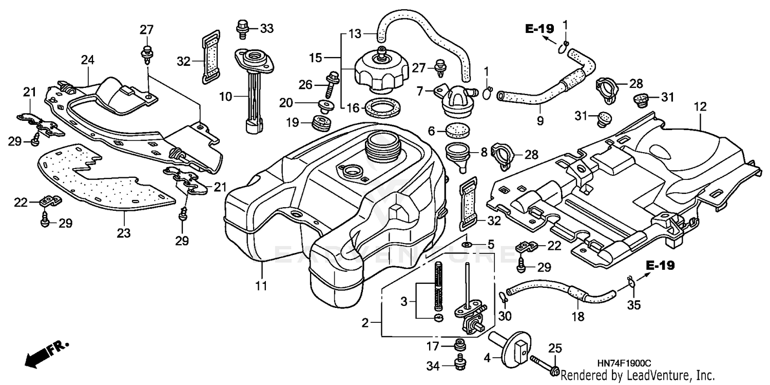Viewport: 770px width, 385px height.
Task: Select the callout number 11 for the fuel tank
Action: click(x=262, y=285)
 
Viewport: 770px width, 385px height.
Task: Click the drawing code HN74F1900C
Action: click(x=627, y=363)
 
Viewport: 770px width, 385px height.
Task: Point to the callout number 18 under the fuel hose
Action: click(x=578, y=317)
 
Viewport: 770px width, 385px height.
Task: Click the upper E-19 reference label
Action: click(x=540, y=29)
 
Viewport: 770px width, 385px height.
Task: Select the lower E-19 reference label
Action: click(x=660, y=266)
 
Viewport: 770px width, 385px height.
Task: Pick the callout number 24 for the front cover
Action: click(x=88, y=60)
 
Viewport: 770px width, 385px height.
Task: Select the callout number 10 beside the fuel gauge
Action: click(x=225, y=96)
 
